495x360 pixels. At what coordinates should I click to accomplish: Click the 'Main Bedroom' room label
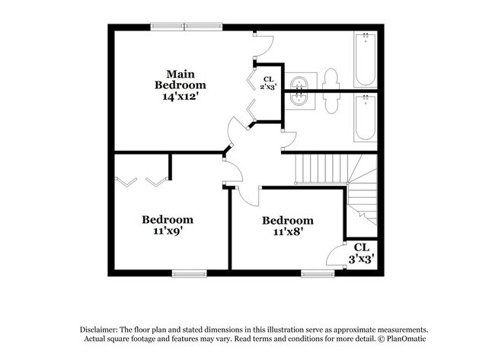coord(180,80)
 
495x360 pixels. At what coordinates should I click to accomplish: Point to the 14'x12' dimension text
coord(180,97)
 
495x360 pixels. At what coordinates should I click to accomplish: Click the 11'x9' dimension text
coord(168,232)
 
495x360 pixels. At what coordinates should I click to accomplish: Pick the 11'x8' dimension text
coord(288,233)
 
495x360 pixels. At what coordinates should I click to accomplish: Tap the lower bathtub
coord(366,117)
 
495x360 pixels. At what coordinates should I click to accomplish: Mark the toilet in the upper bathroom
coord(331,78)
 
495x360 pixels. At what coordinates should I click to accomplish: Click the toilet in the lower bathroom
coord(331,101)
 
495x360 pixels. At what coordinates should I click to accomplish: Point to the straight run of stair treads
coord(321,167)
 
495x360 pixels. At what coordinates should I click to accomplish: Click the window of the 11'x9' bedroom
coord(190,272)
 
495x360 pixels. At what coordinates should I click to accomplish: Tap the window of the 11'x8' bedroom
coord(318,272)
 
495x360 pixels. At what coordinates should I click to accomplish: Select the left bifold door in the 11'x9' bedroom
coord(126,182)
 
